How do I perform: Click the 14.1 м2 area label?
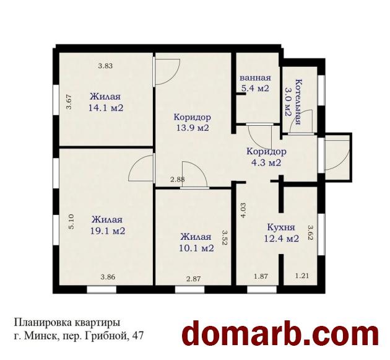(x=106, y=108)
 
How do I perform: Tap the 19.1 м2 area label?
(x=108, y=231)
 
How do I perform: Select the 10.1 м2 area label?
(x=196, y=248)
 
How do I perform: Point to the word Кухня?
(x=281, y=227)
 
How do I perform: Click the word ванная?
(x=255, y=77)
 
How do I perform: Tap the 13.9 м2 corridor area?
(x=193, y=128)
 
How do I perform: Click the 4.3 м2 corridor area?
(x=266, y=163)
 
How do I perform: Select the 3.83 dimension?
(x=105, y=66)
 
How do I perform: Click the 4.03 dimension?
(x=244, y=211)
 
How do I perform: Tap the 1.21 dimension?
(x=302, y=276)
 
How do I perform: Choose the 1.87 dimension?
(x=261, y=276)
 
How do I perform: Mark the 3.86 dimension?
(x=108, y=277)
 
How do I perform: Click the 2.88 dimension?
(x=177, y=179)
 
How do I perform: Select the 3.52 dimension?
(x=225, y=237)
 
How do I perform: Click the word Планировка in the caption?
(x=43, y=323)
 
